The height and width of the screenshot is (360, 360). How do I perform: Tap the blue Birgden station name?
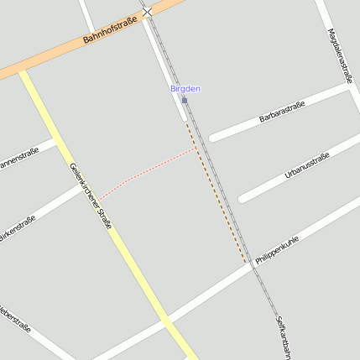pos(185,88)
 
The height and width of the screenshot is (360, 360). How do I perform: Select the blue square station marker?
pos(185,101)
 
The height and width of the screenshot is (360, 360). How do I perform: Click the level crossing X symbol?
pos(148,11)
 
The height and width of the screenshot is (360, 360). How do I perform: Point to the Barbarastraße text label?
pos(282,112)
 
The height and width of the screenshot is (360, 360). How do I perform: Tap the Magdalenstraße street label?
pos(341,55)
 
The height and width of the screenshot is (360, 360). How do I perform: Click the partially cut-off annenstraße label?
pos(18,159)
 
